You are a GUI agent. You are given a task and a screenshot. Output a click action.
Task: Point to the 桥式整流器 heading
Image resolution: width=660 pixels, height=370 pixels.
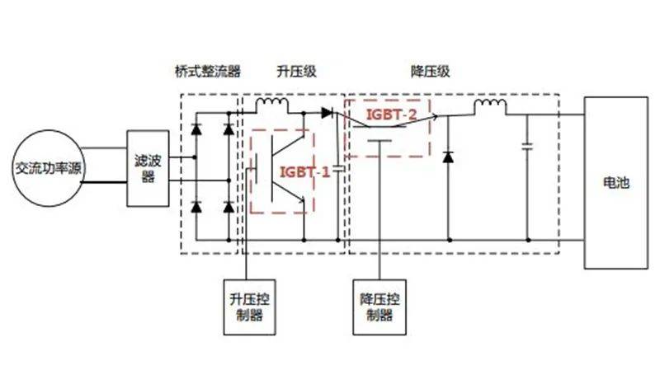pos(208,71)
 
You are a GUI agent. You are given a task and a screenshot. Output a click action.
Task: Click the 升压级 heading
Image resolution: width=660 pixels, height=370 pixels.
pos(296,71)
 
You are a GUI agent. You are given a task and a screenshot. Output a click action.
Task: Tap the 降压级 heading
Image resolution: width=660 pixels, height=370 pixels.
pos(430,71)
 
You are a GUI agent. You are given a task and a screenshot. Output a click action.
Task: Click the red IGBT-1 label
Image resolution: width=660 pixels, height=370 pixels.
pos(304,172)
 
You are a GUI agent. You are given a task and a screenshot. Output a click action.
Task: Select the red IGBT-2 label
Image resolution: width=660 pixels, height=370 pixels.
pos(391,115)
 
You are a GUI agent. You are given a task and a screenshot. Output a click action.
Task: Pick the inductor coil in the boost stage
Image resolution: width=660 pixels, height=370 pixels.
pos(272,102)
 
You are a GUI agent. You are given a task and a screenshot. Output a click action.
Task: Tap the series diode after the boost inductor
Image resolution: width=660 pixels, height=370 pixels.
pos(327,113)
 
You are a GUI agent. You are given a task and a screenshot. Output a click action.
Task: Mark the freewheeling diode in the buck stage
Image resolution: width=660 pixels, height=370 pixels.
pos(448,157)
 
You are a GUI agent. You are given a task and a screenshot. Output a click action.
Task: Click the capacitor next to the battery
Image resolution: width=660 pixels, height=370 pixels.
pos(527,147)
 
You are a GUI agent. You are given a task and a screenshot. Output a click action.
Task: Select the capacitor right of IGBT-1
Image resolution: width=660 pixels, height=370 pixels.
pos(338,169)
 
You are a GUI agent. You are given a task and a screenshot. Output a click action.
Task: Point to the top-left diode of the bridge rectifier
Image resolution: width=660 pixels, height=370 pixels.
pos(196,129)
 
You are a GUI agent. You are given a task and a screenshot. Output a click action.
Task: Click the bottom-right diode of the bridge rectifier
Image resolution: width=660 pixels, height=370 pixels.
pos(229,207)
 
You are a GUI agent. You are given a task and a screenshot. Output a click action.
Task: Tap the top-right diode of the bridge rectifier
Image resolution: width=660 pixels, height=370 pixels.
pos(229,129)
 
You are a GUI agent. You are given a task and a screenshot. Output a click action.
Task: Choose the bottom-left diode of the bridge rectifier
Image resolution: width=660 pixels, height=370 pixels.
pos(196,207)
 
